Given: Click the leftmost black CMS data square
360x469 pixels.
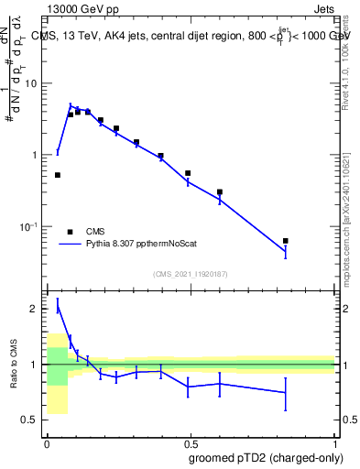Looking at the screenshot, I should (x=58, y=175).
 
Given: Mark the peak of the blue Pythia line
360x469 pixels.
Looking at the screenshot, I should (x=71, y=106).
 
